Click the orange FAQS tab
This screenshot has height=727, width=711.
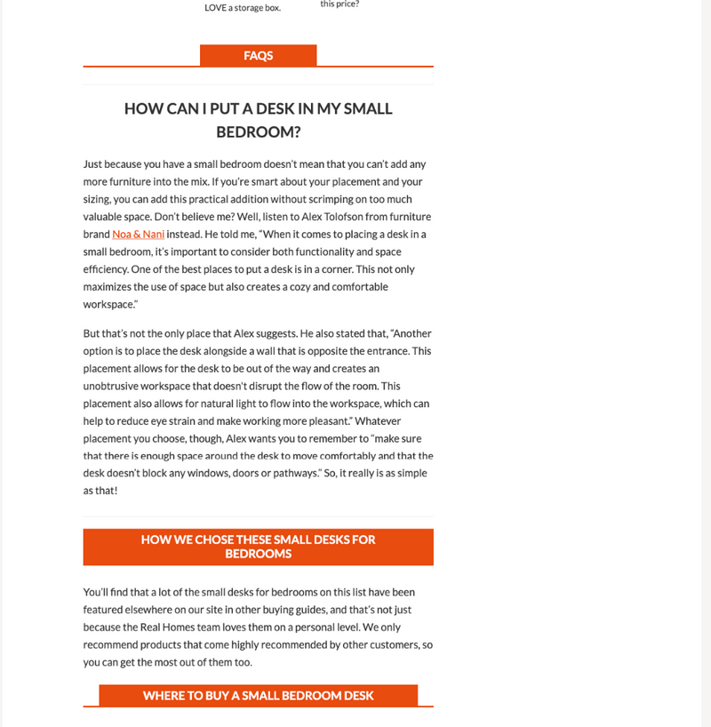pos(258,55)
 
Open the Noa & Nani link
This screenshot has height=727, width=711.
pos(132,234)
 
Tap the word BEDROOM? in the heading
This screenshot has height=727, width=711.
pos(258,132)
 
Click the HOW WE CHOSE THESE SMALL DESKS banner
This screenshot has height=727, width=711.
pos(258,547)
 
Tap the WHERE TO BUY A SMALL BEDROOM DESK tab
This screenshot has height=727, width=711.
pos(258,695)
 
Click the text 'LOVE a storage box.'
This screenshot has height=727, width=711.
pos(242,8)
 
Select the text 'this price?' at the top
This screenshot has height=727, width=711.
pos(340,4)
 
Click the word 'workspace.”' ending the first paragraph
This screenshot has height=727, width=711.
pos(111,304)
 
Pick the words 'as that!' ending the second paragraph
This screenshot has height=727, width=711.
pos(100,491)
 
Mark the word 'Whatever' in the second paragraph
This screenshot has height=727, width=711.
pos(402,420)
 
